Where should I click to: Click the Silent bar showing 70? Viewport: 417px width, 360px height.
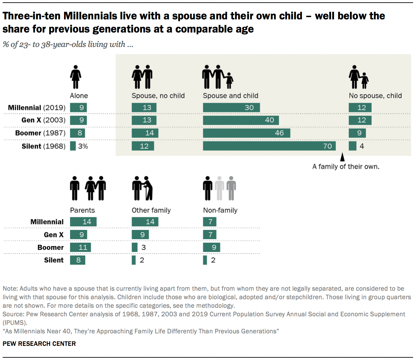(x=269, y=146)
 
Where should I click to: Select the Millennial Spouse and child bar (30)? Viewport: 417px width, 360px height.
(x=231, y=107)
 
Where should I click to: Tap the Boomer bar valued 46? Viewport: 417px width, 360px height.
(x=246, y=133)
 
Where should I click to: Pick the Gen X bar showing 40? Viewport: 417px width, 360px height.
(x=241, y=120)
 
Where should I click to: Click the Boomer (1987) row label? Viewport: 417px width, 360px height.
(x=40, y=133)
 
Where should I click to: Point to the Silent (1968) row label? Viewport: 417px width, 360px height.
(x=43, y=146)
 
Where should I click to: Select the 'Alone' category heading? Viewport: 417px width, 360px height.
(x=79, y=96)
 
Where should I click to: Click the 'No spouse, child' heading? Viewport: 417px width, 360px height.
(x=375, y=96)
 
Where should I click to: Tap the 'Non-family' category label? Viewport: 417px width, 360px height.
(x=220, y=210)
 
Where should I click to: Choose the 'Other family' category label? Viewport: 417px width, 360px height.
(x=151, y=210)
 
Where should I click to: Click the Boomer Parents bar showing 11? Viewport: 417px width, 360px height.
(x=80, y=247)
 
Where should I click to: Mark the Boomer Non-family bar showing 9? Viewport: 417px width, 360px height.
(x=211, y=247)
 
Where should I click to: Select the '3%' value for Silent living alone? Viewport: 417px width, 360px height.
(x=83, y=146)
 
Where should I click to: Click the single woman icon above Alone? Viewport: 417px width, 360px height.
(x=76, y=77)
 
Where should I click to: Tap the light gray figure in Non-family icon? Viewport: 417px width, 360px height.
(x=219, y=188)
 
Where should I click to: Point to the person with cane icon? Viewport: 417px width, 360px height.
(x=148, y=188)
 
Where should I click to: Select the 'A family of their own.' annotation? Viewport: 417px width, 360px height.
(x=345, y=167)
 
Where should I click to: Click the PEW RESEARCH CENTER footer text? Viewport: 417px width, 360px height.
(x=39, y=344)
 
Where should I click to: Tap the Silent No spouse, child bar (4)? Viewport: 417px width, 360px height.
(x=352, y=146)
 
